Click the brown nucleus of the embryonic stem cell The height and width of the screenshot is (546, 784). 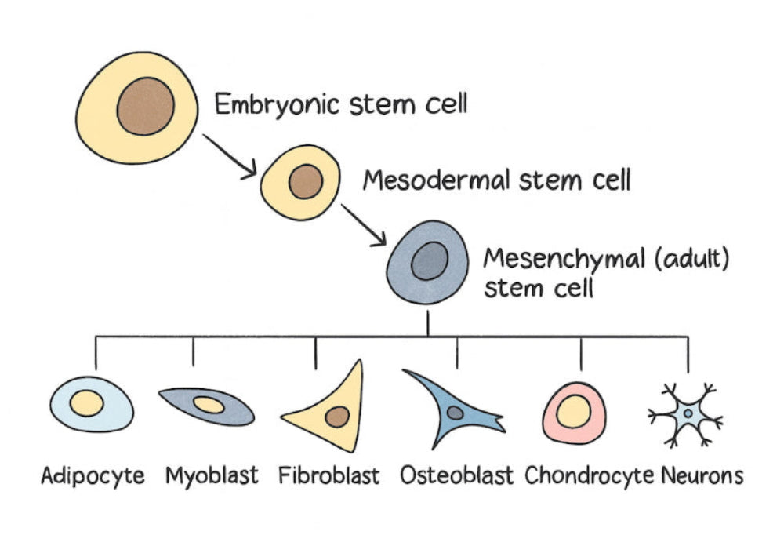pyautogui.click(x=146, y=107)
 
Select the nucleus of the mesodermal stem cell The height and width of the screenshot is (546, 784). pyautogui.click(x=305, y=182)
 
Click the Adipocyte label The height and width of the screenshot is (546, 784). pyautogui.click(x=93, y=475)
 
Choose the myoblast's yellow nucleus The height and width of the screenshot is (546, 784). pyautogui.click(x=209, y=405)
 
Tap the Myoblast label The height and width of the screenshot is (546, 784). pyautogui.click(x=212, y=475)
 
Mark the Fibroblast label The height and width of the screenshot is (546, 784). pyautogui.click(x=328, y=475)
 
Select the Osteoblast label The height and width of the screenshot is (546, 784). pyautogui.click(x=456, y=475)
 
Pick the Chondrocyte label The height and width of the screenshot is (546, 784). pyautogui.click(x=589, y=475)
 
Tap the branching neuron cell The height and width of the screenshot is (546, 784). pyautogui.click(x=687, y=413)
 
